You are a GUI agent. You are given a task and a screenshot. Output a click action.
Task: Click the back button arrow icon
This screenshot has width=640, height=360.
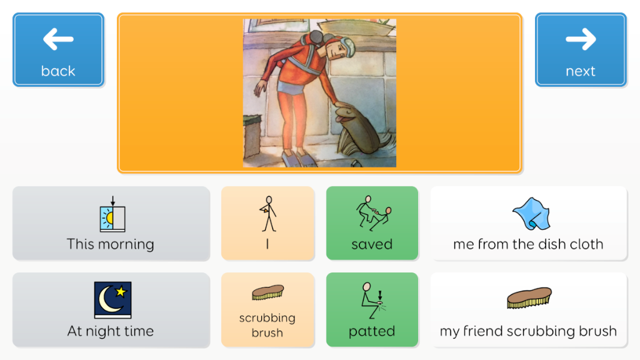coord(58,39)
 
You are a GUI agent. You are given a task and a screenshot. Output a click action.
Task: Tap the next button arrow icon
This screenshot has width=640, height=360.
coord(581,39)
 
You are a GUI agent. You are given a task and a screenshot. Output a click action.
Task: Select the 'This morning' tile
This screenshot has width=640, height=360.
coord(111,223)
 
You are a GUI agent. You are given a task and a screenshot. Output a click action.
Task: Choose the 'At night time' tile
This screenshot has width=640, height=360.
coord(111,310)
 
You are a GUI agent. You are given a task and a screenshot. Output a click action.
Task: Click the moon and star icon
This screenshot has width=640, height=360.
coord(112,299)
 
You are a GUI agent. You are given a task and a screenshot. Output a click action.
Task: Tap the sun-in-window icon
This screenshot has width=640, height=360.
coord(112,214)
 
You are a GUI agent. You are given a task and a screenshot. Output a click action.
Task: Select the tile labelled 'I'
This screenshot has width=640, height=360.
coord(267,223)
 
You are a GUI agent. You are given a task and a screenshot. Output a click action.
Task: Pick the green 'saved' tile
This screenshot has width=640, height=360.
coord(372,223)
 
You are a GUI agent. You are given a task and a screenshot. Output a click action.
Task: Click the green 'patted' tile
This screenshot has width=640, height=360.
coord(372,310)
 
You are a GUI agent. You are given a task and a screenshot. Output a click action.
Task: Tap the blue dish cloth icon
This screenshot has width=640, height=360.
coord(531,214)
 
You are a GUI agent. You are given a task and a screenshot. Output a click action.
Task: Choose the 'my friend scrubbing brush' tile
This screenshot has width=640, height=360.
coord(529,310)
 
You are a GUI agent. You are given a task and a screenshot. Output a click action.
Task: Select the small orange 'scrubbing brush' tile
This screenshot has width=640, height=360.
coord(267,310)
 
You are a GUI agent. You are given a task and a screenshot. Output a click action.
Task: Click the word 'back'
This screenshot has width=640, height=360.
coord(58,71)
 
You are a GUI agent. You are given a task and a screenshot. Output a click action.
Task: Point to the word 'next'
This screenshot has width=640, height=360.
coord(581,72)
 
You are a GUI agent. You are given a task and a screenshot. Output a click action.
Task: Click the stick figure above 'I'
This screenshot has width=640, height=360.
coord(268,214)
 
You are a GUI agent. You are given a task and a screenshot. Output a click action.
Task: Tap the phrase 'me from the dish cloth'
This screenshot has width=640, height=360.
coord(528,244)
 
